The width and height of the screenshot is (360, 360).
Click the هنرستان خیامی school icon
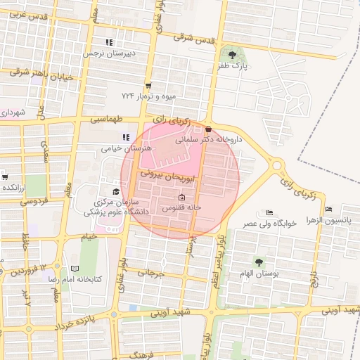click(x=125, y=137)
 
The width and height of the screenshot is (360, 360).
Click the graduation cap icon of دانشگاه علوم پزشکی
click(x=115, y=191)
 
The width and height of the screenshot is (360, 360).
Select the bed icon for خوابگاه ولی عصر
click(x=270, y=212)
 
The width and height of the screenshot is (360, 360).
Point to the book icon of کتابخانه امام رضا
click(x=75, y=268)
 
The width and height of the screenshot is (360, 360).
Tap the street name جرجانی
click(x=150, y=273)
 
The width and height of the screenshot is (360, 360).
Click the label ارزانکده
click(x=15, y=187)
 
